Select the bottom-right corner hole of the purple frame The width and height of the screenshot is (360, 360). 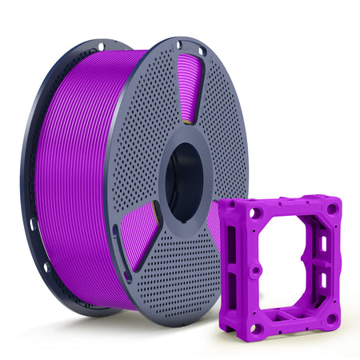point(330,318)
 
